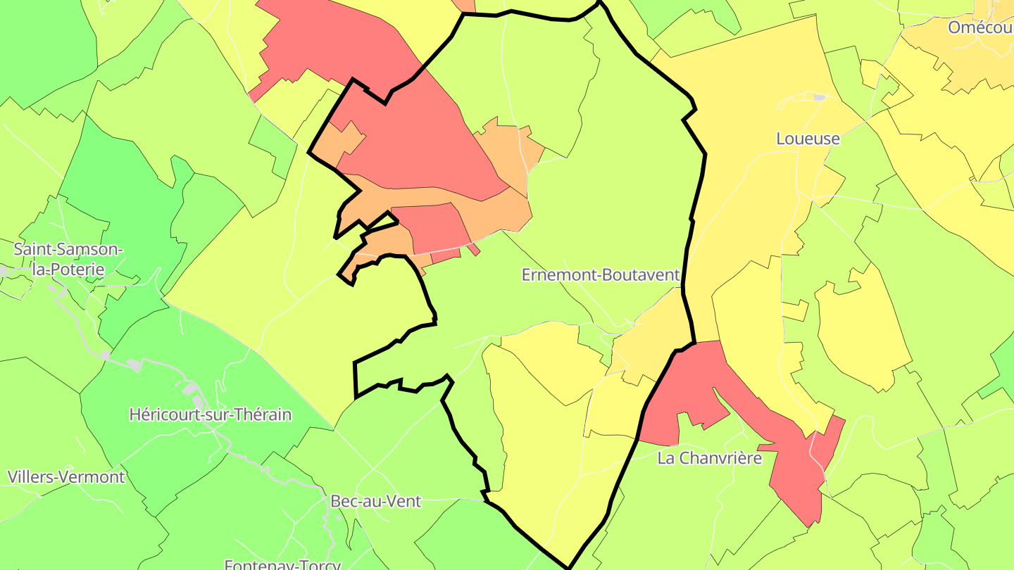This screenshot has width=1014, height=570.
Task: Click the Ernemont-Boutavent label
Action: [601, 274]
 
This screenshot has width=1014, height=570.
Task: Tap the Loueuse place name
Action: [808, 139]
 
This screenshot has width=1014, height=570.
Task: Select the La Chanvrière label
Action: [709, 458]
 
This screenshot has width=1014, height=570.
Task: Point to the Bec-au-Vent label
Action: [375, 501]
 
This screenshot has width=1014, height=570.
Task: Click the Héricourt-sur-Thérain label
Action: [210, 414]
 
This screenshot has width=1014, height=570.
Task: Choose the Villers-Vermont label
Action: [66, 476]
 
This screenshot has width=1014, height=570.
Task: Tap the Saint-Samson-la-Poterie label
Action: [68, 259]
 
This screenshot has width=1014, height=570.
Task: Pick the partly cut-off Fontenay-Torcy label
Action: [282, 564]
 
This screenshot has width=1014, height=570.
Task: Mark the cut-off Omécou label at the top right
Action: [979, 27]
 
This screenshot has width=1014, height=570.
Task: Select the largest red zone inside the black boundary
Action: [415, 141]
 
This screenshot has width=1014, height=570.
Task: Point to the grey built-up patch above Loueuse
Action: [819, 98]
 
